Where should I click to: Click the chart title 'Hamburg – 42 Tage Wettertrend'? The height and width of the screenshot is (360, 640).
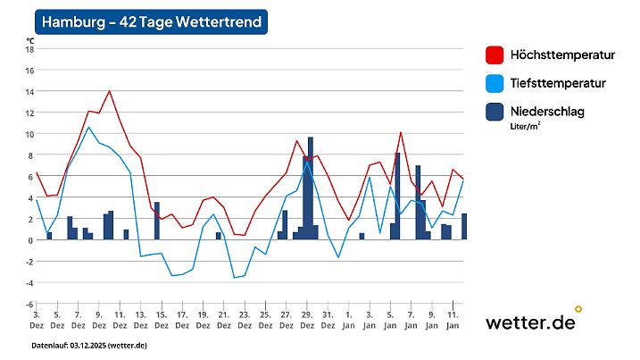(x=150, y=22)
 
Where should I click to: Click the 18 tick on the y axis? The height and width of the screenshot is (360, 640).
(x=29, y=49)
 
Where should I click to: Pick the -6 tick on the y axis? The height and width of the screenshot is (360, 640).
(x=29, y=305)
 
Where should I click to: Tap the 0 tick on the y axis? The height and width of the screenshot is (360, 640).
(x=30, y=240)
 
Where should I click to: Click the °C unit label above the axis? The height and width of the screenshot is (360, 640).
(x=29, y=39)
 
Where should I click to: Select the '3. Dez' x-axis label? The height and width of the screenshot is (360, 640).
(x=36, y=320)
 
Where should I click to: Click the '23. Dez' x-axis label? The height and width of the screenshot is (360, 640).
(x=244, y=320)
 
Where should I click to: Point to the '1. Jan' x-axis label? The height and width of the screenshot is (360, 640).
(x=348, y=320)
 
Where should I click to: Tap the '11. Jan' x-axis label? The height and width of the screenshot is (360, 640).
(x=453, y=320)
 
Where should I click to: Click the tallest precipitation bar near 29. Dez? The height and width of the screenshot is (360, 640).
(x=311, y=188)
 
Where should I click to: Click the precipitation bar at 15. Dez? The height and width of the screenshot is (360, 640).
(x=157, y=221)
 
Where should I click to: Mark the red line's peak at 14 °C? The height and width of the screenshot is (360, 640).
(x=109, y=91)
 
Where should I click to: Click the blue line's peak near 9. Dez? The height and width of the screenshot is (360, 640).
(x=88, y=128)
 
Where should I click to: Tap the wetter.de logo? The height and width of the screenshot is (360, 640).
(x=532, y=322)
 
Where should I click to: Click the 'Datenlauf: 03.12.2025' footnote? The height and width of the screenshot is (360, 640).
(x=89, y=345)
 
